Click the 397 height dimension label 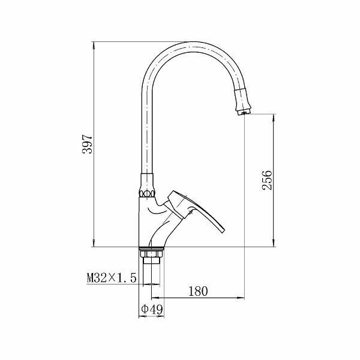coord(87,144)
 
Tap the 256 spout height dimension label coord(267,180)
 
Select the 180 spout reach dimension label coord(198,291)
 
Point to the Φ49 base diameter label coord(152,309)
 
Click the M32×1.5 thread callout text coord(112,278)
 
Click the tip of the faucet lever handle coord(223,231)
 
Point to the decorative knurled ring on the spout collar coord(147,194)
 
